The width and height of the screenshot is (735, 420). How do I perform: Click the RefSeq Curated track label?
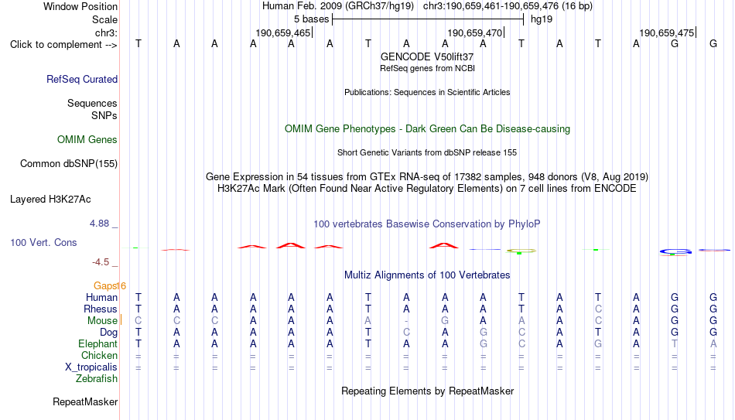pyautogui.click(x=82, y=79)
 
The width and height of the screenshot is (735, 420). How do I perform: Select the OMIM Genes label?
pyautogui.click(x=87, y=140)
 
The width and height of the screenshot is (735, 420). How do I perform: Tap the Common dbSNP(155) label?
pyautogui.click(x=69, y=164)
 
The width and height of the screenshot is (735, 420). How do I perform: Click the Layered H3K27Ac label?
pyautogui.click(x=50, y=200)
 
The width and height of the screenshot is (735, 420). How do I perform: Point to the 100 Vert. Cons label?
pyautogui.click(x=43, y=242)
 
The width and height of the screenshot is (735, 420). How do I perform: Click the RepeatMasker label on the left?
pyautogui.click(x=85, y=401)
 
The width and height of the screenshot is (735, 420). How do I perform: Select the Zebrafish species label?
pyautogui.click(x=97, y=378)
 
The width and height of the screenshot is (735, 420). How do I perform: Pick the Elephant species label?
pyautogui.click(x=98, y=343)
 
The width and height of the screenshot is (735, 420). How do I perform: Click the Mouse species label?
pyautogui.click(x=102, y=321)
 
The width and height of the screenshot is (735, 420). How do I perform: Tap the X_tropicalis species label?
pyautogui.click(x=91, y=367)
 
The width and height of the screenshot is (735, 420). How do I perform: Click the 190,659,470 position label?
pyautogui.click(x=475, y=32)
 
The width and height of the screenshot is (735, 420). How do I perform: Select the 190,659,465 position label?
pyautogui.click(x=283, y=32)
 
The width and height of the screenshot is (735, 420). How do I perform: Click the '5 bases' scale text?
pyautogui.click(x=312, y=19)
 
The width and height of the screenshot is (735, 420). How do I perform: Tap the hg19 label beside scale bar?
pyautogui.click(x=542, y=19)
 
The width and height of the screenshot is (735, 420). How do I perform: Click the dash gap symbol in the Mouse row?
pyautogui.click(x=406, y=321)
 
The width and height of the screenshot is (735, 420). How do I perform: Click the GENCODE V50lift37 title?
pyautogui.click(x=427, y=56)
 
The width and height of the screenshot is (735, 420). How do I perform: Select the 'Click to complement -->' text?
pyautogui.click(x=63, y=45)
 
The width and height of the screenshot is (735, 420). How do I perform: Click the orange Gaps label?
pyautogui.click(x=107, y=286)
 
